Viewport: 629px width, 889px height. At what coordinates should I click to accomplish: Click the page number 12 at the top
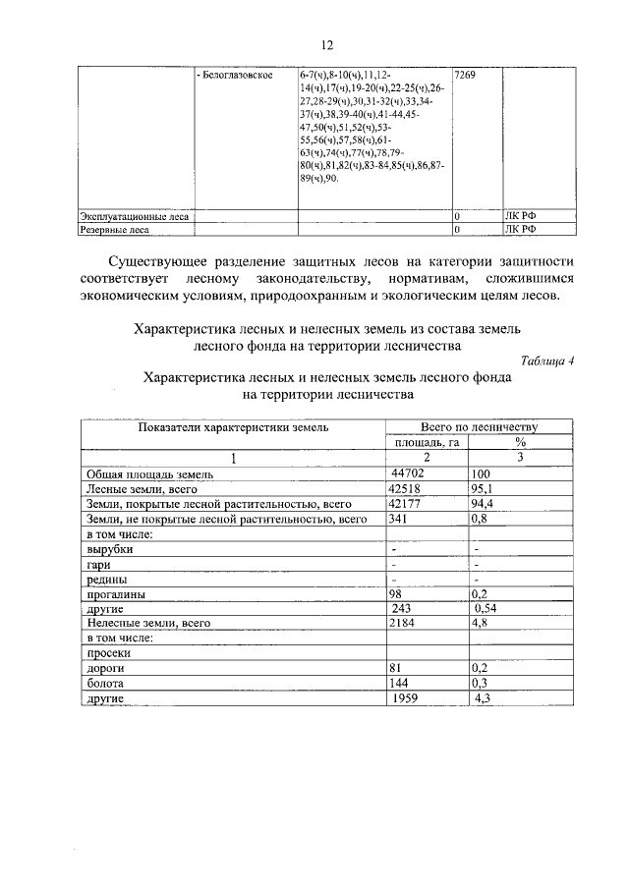pyautogui.click(x=326, y=44)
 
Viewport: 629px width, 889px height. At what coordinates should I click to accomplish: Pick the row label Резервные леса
pyautogui.click(x=115, y=231)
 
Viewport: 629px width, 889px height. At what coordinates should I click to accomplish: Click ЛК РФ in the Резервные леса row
pyautogui.click(x=522, y=230)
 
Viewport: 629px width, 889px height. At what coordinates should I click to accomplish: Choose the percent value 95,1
pyautogui.click(x=483, y=488)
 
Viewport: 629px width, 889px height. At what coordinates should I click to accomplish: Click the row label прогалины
pyautogui.click(x=116, y=594)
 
